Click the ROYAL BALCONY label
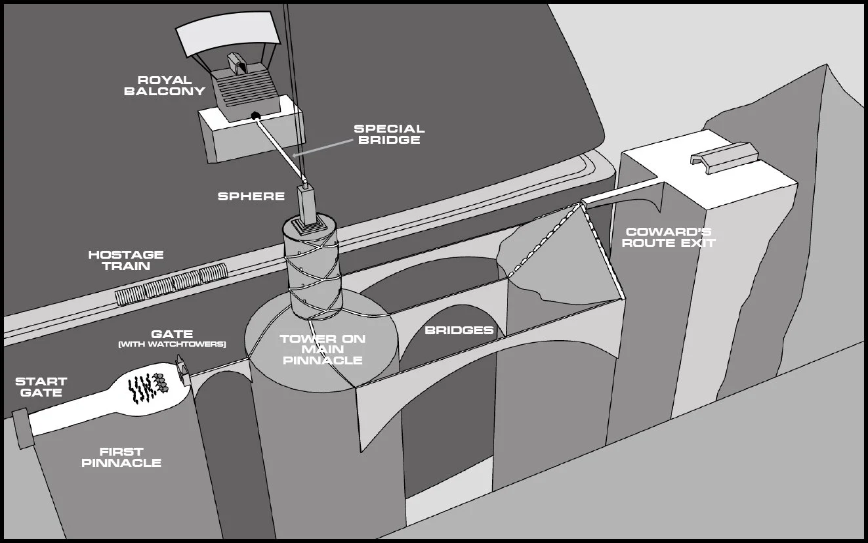(x=165, y=86)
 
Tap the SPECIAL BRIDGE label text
(x=389, y=134)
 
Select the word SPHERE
(x=251, y=196)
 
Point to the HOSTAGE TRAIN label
(x=126, y=260)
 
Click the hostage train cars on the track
(x=171, y=284)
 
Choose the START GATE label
(x=41, y=387)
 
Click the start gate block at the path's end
(x=22, y=428)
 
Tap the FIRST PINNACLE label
(x=121, y=457)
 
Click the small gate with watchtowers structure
(x=183, y=370)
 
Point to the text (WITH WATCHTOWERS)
(x=172, y=345)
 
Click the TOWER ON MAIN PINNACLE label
(x=323, y=349)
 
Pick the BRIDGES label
(x=459, y=330)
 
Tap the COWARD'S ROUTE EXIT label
(x=669, y=238)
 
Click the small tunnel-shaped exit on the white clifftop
(x=724, y=157)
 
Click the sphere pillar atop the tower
(x=306, y=205)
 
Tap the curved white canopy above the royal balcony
(x=228, y=34)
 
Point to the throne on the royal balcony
(x=237, y=63)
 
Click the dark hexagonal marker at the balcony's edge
(x=255, y=115)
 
